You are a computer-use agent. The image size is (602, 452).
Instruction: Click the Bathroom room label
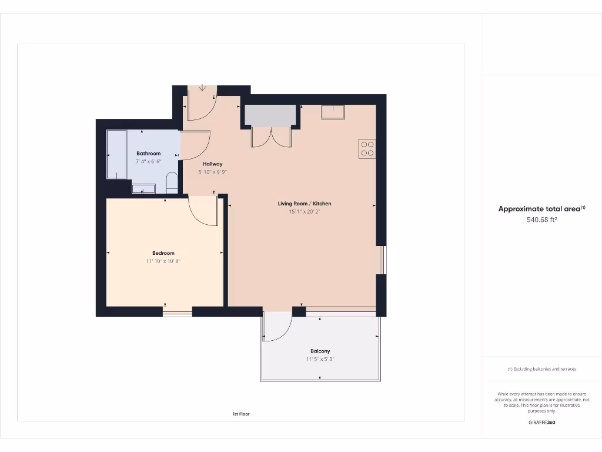[x=148, y=154]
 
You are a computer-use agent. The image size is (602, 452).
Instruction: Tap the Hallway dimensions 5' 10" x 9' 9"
[x=212, y=172]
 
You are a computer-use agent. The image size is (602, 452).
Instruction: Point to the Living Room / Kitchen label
[x=305, y=204]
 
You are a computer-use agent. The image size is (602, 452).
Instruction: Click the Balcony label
[x=320, y=351]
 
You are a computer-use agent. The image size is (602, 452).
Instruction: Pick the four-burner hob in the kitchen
[x=367, y=148]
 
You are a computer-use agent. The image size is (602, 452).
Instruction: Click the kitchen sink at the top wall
[x=333, y=111]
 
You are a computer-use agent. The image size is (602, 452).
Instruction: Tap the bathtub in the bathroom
[x=116, y=154]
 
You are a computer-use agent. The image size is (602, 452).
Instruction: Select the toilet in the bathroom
[x=172, y=182]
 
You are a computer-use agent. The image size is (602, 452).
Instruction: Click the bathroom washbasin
[x=143, y=188]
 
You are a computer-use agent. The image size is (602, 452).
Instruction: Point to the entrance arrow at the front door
[x=202, y=88]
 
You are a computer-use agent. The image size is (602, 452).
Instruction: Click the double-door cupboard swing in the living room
[x=271, y=137]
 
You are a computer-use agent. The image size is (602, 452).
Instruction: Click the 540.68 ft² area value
[x=541, y=220]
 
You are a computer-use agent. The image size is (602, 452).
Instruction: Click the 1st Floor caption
[x=240, y=414]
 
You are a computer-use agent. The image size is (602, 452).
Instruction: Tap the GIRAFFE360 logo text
[x=541, y=423]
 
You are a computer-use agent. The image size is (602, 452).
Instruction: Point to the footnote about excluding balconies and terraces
[x=541, y=369]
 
